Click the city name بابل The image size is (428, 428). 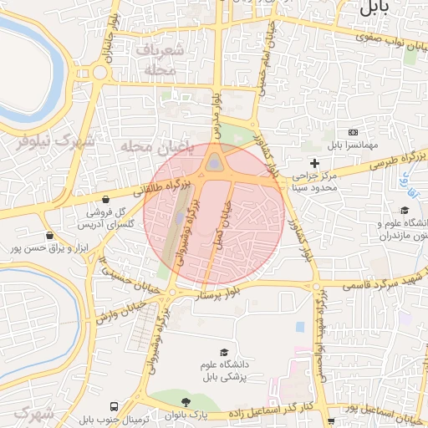(374, 9)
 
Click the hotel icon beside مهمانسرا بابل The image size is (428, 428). (353, 133)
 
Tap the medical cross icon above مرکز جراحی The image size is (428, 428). (314, 162)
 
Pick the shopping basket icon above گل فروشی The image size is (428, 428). (107, 200)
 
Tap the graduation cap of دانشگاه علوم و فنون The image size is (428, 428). (405, 211)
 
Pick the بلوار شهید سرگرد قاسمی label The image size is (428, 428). (376, 281)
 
